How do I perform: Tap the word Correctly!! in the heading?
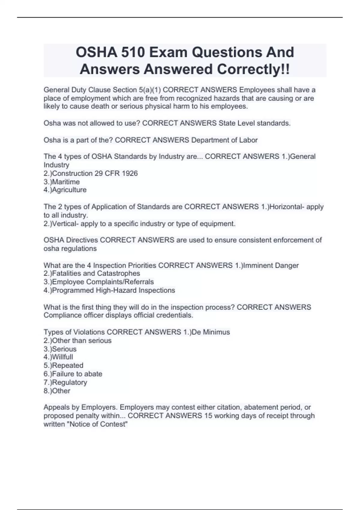253,69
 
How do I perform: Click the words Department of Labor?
224,140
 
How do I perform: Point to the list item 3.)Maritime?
61,182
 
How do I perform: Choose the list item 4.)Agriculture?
65,190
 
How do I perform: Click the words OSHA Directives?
71,240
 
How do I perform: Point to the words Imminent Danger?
271,265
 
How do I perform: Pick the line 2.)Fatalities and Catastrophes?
92,273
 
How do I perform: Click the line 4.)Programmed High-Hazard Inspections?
109,290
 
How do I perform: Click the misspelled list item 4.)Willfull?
58,357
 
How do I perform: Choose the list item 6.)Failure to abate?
73,374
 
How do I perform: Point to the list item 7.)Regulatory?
65,382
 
